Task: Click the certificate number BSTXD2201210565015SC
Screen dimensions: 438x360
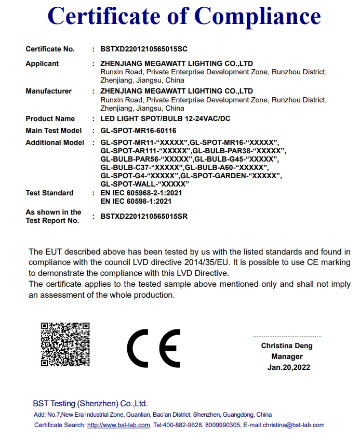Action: click(x=144, y=49)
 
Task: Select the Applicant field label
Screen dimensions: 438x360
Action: click(x=42, y=63)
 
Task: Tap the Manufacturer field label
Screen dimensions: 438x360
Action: click(x=48, y=91)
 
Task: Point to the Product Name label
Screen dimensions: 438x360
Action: click(x=50, y=118)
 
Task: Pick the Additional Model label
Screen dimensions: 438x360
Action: click(x=55, y=142)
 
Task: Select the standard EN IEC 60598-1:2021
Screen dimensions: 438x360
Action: click(x=136, y=201)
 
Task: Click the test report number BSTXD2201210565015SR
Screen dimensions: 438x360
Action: click(x=144, y=216)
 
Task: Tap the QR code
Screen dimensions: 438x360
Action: click(x=65, y=344)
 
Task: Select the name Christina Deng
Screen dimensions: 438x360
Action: click(x=287, y=346)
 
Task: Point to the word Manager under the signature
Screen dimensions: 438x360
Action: click(x=287, y=356)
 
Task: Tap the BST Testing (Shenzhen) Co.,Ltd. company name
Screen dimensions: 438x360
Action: click(x=90, y=403)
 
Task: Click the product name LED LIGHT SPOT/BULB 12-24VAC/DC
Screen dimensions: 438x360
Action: click(x=165, y=118)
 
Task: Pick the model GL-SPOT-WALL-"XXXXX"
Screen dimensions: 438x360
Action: click(x=144, y=184)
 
